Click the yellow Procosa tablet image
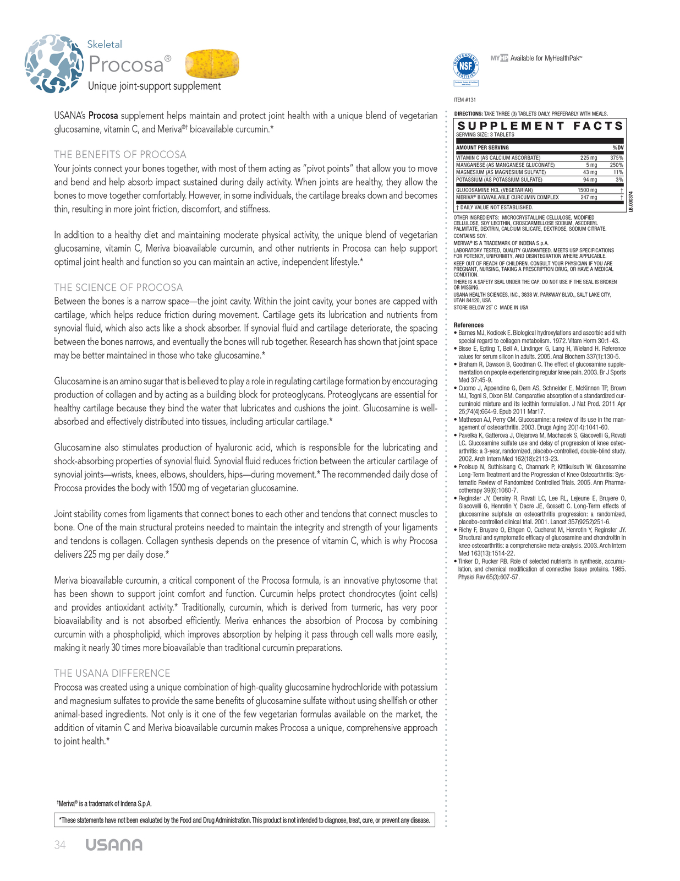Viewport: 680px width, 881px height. [x=212, y=64]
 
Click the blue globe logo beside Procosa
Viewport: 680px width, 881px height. [x=54, y=63]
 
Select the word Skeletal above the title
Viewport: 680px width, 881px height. [x=105, y=45]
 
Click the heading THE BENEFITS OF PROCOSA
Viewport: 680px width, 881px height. [x=120, y=155]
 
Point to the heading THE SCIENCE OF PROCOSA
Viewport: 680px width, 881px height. [x=118, y=287]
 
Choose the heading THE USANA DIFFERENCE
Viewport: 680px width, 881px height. [x=112, y=673]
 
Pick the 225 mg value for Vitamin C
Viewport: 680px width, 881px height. [x=588, y=158]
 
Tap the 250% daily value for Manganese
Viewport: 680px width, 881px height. [x=616, y=165]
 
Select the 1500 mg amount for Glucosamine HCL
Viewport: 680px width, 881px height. [x=587, y=191]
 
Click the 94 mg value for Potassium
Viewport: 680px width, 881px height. [x=590, y=180]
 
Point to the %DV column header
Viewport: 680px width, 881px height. [x=618, y=148]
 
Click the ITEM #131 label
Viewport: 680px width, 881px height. [x=465, y=100]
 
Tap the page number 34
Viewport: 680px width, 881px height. [x=60, y=845]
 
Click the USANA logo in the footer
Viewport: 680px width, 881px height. [x=114, y=845]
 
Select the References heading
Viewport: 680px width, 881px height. [x=469, y=325]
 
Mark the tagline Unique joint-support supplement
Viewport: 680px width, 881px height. [x=155, y=86]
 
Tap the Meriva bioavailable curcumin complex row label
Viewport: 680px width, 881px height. [x=507, y=197]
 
